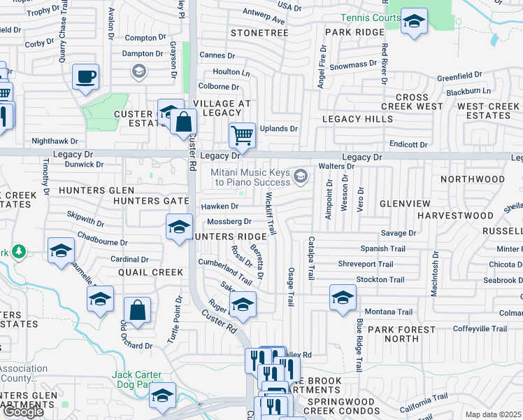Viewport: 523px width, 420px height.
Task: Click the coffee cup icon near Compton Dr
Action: (85, 76)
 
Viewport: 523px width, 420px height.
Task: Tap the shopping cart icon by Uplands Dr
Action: (242, 134)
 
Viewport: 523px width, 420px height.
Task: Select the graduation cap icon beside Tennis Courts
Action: (414, 23)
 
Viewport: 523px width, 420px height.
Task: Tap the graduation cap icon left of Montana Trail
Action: (343, 297)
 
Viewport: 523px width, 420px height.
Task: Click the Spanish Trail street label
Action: (382, 248)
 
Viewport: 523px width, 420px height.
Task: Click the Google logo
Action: (22, 412)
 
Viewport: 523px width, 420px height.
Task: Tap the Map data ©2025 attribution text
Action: (493, 414)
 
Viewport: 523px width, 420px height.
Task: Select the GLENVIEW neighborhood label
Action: (405, 203)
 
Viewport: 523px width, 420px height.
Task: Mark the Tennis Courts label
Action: (371, 17)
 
